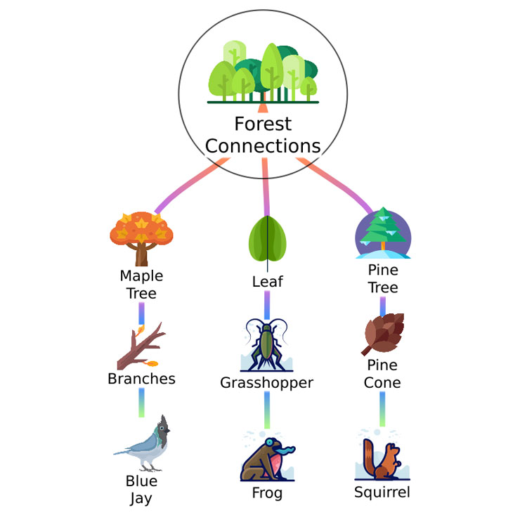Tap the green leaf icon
point(268,240)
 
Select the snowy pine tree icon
point(383,233)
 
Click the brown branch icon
point(141,346)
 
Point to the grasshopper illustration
point(267,345)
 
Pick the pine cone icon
point(383,334)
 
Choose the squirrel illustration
point(382,455)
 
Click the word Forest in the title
point(263,124)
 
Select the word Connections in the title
point(263,146)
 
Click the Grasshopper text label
point(266,383)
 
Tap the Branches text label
point(141,379)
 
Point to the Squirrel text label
point(382,493)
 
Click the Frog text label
point(267,493)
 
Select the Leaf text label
point(268,282)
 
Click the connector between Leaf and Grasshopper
point(267,305)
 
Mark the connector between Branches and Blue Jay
point(141,403)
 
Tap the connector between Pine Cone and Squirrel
point(382,409)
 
